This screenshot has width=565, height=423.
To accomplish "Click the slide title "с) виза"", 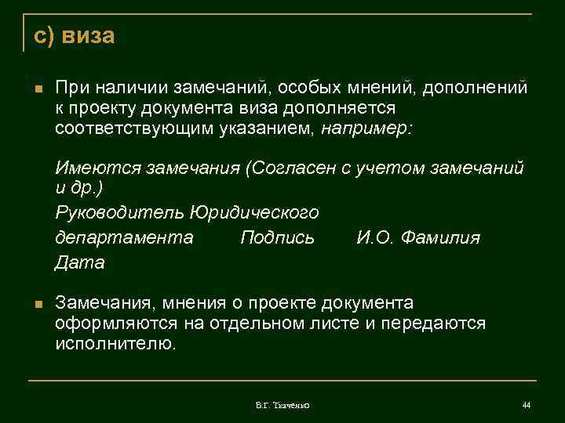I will point(75,36).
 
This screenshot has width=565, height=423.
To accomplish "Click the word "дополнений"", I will point(476,89).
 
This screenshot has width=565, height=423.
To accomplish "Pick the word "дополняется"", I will point(348,108).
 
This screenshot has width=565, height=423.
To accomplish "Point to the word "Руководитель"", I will point(118,212).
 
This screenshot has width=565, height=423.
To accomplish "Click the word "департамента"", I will point(124,237).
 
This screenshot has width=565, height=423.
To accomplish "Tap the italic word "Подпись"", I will point(277,237).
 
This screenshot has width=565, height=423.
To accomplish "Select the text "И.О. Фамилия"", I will point(417,237).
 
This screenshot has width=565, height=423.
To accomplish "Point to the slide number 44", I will point(526,404).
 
